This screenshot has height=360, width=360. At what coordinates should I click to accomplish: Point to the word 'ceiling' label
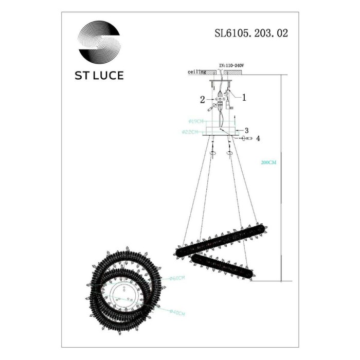[197, 73]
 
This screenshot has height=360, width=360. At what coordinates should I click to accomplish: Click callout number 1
[244, 96]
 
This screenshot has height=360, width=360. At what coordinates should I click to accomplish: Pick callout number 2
[203, 98]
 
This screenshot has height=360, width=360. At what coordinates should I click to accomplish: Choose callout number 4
[258, 138]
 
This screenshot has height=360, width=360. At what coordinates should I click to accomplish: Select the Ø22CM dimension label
[191, 132]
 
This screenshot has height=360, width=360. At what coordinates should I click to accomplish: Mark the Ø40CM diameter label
[177, 312]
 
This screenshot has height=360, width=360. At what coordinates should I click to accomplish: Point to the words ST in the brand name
[84, 75]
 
